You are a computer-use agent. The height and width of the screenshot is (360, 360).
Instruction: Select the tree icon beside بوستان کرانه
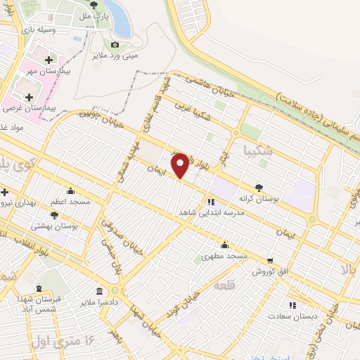point(259,188)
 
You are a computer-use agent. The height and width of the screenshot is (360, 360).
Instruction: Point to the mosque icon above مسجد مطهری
point(224,245)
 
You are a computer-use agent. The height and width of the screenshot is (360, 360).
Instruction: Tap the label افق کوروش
point(271,271)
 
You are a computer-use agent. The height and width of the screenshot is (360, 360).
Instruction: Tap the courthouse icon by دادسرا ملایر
point(100,291)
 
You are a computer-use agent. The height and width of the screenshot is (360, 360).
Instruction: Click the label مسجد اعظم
point(70,202)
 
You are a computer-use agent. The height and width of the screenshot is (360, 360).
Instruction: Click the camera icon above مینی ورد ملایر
point(115,45)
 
